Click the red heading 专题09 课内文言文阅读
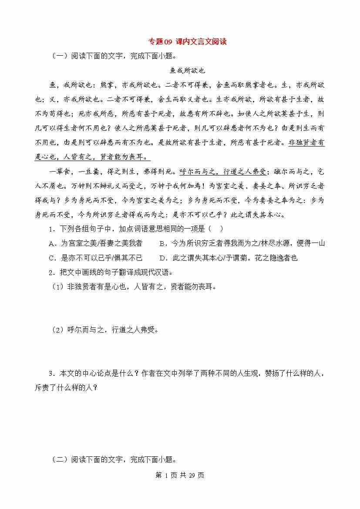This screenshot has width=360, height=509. [x=188, y=42]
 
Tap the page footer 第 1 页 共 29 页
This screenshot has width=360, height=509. [x=180, y=475]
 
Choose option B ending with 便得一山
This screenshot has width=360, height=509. [x=242, y=243]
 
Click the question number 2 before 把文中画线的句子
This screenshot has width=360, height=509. [x=51, y=273]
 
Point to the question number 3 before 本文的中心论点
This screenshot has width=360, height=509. [x=51, y=373]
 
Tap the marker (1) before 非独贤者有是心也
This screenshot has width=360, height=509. [x=58, y=287]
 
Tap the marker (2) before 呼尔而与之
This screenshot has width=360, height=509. [x=58, y=330]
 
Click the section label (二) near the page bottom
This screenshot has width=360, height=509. [x=58, y=459]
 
